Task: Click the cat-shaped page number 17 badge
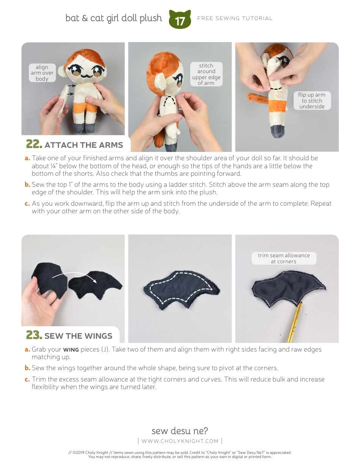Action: [x=180, y=20]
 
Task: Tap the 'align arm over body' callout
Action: [x=42, y=73]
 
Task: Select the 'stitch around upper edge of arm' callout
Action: [x=206, y=74]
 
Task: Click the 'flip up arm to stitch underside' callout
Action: [x=311, y=101]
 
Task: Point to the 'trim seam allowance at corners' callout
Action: [x=284, y=258]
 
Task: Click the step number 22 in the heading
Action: [x=33, y=144]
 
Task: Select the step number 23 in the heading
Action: [x=33, y=335]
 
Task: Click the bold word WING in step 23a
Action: [x=71, y=349]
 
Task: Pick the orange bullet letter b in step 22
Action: [x=27, y=185]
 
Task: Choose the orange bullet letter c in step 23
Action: [x=27, y=379]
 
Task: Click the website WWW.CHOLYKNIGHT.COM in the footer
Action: [x=180, y=441]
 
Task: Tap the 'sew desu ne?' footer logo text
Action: [x=180, y=431]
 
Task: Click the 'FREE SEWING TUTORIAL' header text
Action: [x=235, y=18]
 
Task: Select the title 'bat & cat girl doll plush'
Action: [x=114, y=18]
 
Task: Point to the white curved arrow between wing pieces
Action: [x=74, y=277]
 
